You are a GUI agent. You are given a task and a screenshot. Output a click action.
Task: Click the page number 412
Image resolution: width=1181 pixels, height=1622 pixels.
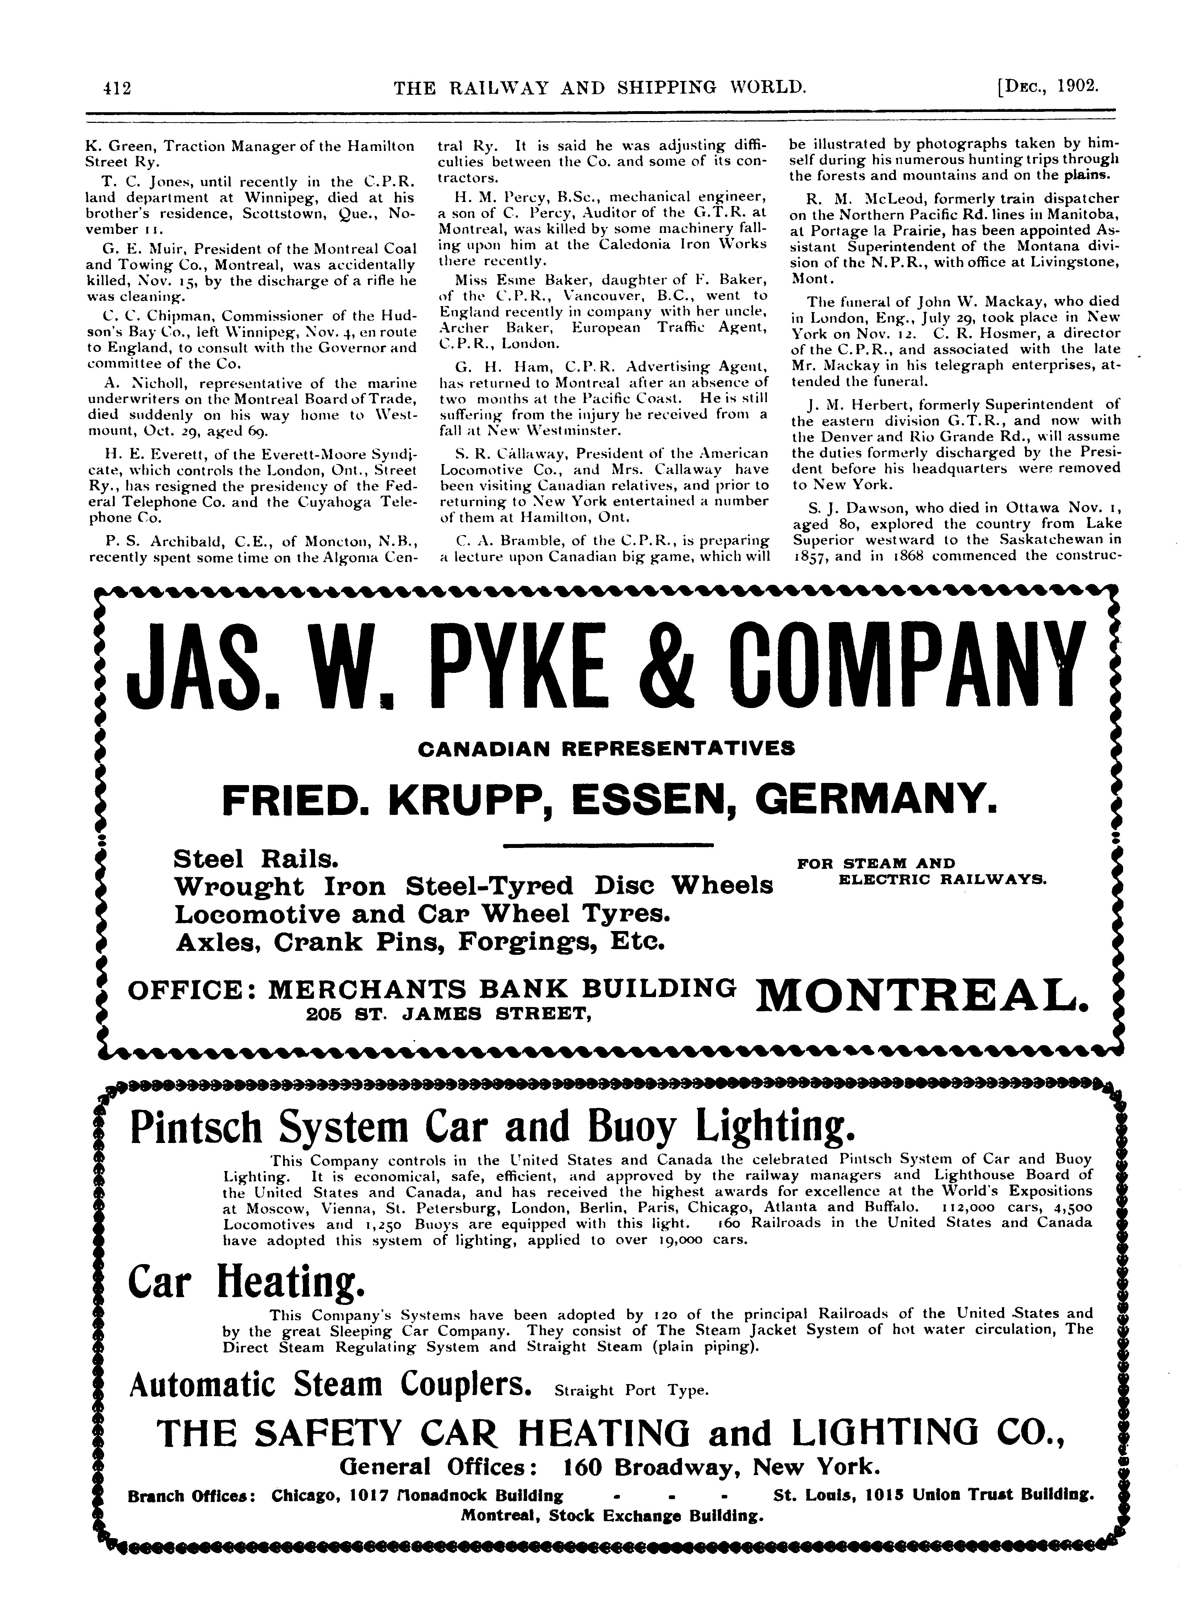(x=114, y=88)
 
